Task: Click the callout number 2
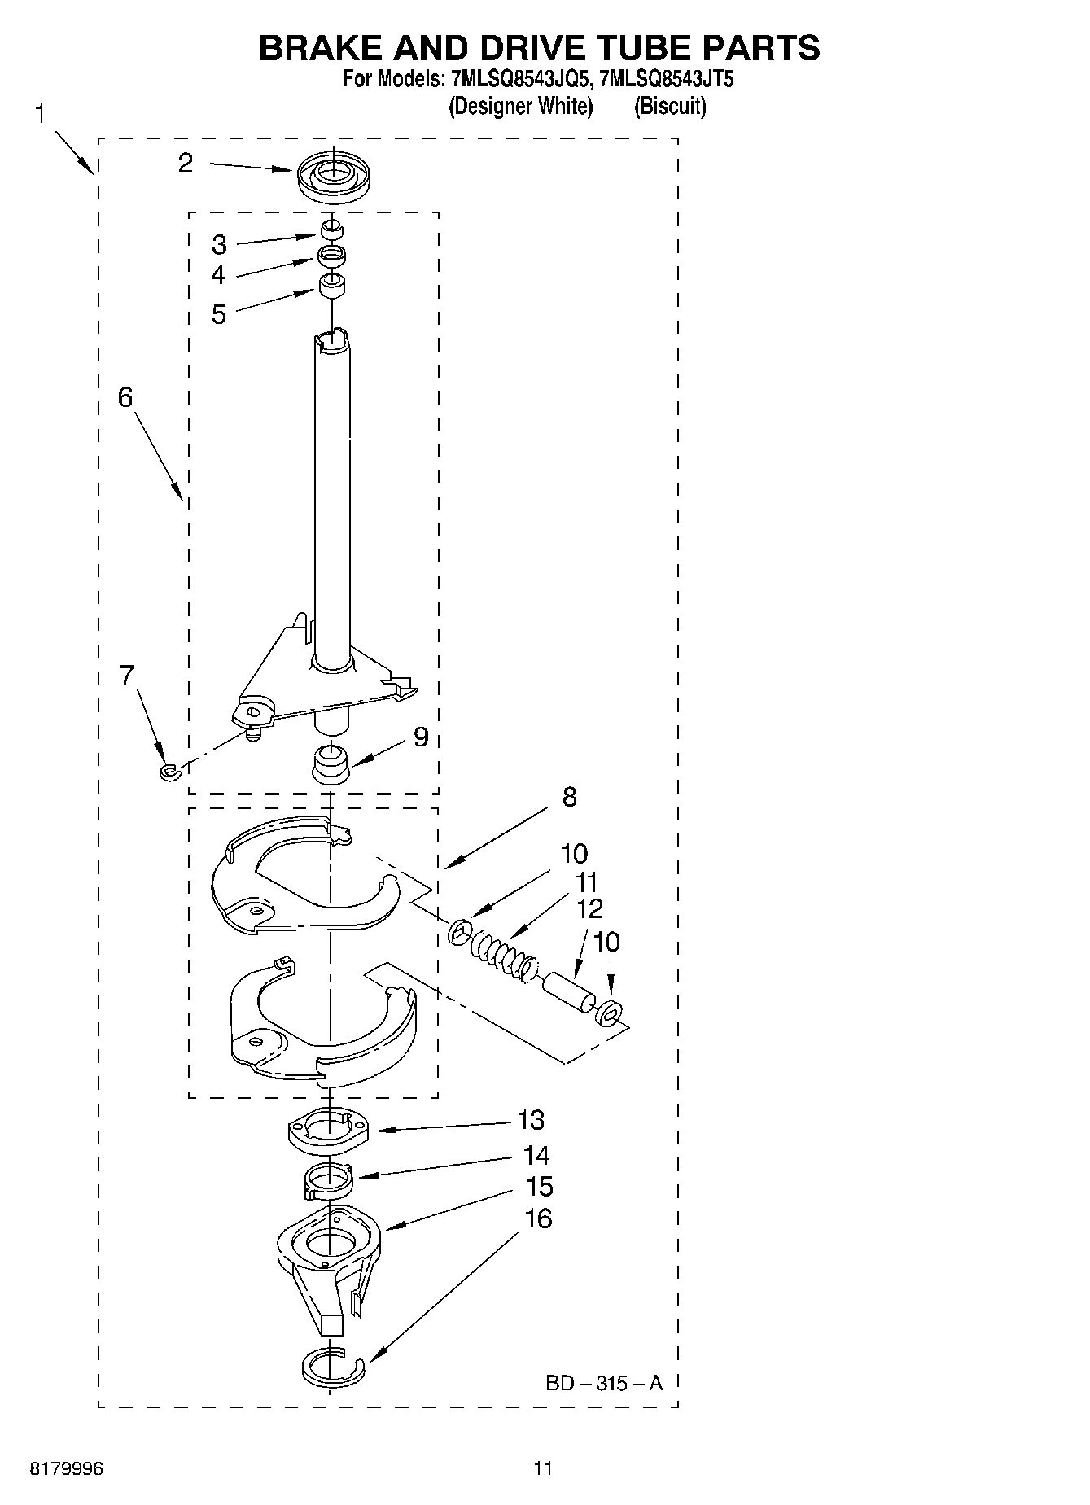[186, 163]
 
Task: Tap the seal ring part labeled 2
[331, 176]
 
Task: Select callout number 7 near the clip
[127, 675]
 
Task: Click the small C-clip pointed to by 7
[169, 770]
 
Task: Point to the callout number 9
[420, 737]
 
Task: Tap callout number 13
[531, 1120]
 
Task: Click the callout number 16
[539, 1218]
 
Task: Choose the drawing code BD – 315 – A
[603, 1383]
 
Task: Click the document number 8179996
[67, 1468]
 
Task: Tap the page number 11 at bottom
[543, 1468]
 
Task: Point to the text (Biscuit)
[670, 107]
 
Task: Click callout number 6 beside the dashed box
[125, 397]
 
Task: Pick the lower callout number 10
[606, 942]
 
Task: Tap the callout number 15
[540, 1187]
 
